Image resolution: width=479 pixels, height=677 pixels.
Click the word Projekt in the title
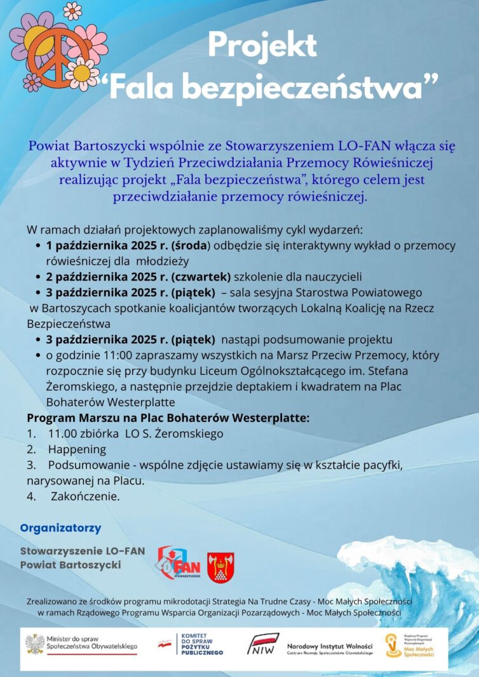pyautogui.click(x=262, y=46)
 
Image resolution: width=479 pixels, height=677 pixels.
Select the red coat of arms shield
pyautogui.click(x=220, y=567)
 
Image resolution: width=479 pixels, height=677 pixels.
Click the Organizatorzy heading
pyautogui.click(x=60, y=528)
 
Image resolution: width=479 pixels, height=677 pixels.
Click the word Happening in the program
pyautogui.click(x=77, y=450)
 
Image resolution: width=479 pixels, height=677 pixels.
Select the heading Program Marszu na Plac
pyautogui.click(x=168, y=419)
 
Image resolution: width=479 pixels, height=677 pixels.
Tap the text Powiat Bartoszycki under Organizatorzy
pyautogui.click(x=71, y=564)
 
